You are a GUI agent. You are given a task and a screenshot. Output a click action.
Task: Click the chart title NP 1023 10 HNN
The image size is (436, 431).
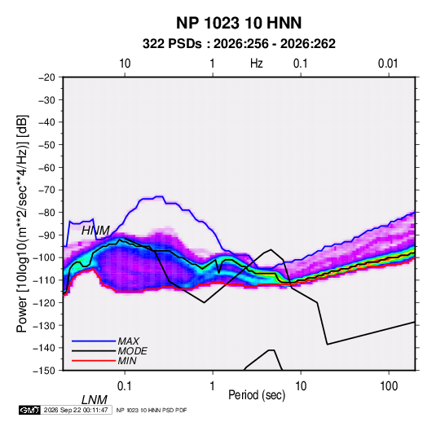coord(239,23)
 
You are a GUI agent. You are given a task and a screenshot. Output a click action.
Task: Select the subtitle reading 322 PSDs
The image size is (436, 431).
coord(172,44)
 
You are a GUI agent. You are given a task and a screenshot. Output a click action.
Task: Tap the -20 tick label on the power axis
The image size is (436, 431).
coord(46,77)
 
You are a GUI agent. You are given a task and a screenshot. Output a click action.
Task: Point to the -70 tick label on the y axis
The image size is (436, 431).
coord(46,190)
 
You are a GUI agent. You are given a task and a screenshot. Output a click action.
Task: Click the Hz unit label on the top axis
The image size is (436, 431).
coord(257,64)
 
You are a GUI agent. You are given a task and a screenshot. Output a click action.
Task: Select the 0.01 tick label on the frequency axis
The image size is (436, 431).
coord(388,64)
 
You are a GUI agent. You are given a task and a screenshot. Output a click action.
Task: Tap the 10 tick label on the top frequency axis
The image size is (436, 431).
coord(125,64)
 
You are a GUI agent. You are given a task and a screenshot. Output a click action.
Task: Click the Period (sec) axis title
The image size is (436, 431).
coord(257,395)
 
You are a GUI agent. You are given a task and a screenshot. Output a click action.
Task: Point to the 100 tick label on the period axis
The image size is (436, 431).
coord(389,386)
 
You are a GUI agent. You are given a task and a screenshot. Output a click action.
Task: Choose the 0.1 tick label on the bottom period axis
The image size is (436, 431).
coord(125,386)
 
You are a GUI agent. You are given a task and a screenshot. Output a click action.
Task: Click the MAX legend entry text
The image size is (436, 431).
coord(129,341)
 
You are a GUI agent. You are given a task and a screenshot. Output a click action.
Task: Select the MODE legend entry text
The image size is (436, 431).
coord(132,351)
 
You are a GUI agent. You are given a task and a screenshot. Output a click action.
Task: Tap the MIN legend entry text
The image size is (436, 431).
coord(127,361)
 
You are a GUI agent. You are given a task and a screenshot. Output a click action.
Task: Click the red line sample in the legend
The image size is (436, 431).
coord(94,361)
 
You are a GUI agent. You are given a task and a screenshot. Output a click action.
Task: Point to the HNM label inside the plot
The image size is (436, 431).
coord(95,231)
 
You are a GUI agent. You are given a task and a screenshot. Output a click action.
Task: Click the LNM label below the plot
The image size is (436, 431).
coord(95,400)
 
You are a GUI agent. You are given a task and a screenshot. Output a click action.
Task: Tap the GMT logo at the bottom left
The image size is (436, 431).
coord(30,410)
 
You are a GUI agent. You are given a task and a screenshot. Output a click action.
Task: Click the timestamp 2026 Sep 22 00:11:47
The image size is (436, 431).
coord(76,410)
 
